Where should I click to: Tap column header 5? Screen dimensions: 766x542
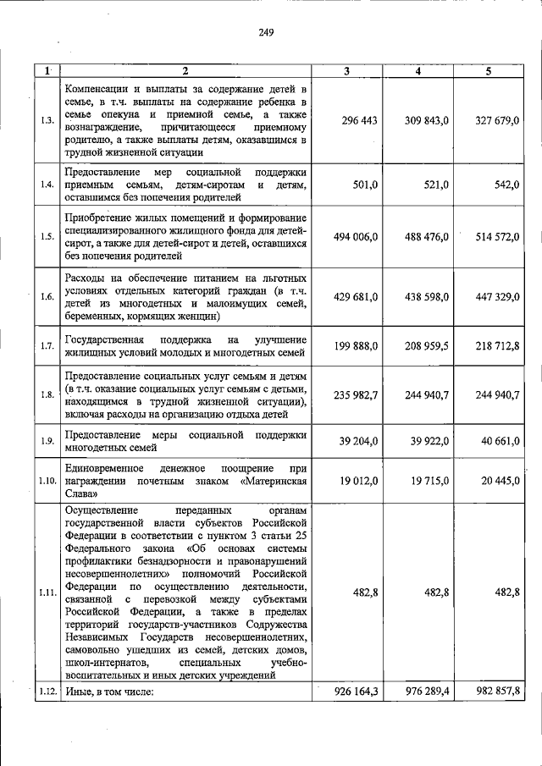489,71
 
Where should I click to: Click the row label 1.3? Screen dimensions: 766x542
47,120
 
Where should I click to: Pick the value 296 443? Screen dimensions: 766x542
359,121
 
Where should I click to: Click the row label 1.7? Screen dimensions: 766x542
47,345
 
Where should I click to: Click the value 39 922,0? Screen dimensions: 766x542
429,441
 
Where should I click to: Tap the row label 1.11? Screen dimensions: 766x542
47,592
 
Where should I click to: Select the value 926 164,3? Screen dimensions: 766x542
355,692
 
